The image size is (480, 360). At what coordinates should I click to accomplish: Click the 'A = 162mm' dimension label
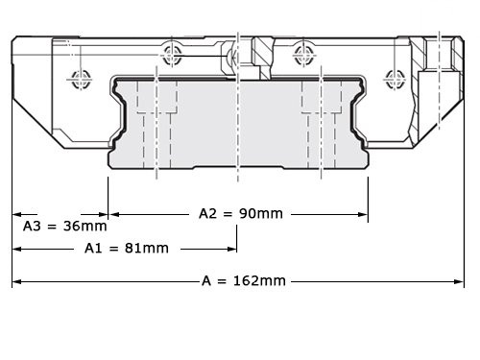click(x=244, y=281)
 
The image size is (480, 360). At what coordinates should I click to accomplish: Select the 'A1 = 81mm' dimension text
click(x=126, y=248)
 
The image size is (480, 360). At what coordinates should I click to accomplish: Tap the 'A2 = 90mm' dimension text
click(x=240, y=213)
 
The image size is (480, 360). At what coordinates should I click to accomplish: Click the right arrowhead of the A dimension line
click(x=461, y=281)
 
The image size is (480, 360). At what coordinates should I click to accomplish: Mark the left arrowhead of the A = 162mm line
click(x=16, y=281)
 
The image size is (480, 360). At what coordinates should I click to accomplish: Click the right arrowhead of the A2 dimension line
click(x=364, y=213)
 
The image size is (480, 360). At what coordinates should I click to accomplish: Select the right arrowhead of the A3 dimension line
click(x=105, y=213)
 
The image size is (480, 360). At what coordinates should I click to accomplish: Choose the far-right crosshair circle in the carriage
click(x=391, y=76)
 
